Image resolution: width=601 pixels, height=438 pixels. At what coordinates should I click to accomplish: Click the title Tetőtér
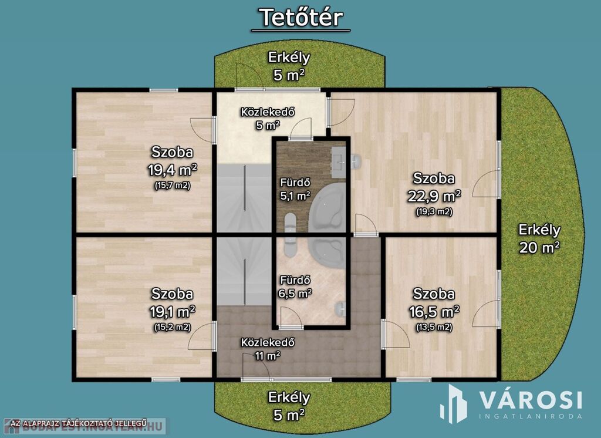point(301,18)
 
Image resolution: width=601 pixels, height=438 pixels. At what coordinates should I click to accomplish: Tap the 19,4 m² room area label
point(173,169)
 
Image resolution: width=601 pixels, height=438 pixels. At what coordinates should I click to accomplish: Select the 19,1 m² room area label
point(173,311)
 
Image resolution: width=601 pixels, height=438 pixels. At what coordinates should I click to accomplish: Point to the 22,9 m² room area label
point(434,196)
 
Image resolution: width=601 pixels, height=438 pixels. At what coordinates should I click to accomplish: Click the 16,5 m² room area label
point(434,311)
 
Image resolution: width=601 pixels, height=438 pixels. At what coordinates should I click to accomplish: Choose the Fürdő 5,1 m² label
point(295,190)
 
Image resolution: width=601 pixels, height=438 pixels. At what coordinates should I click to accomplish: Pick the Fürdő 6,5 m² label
point(295,287)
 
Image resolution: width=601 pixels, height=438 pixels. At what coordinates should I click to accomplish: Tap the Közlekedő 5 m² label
point(268,119)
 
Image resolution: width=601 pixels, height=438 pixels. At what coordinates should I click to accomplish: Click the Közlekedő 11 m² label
point(268,349)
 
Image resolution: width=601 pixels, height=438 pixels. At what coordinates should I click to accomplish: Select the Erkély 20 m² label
point(539,238)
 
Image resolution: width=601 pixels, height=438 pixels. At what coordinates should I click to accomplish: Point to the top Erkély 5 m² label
point(289,66)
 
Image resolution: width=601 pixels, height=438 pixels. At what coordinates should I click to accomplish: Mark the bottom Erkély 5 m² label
point(289,406)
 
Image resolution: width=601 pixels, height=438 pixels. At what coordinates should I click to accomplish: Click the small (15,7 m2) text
point(173,186)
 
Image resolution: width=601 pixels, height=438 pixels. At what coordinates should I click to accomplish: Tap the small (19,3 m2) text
point(434,212)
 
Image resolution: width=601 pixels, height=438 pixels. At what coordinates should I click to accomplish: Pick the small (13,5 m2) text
point(434,328)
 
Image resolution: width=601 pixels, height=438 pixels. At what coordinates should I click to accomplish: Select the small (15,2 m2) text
point(173,328)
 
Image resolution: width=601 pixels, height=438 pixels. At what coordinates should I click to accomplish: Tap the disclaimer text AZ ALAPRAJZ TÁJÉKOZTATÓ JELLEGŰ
point(79,423)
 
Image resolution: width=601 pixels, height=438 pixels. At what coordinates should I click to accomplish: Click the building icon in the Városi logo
point(454,404)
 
